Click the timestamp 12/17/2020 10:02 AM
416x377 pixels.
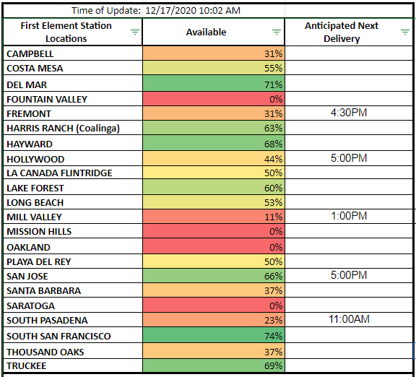point(193,11)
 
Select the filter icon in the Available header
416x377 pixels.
point(277,32)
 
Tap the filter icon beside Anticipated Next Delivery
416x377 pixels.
point(405,32)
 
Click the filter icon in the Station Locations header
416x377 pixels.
point(135,32)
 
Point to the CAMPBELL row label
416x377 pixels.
point(30,54)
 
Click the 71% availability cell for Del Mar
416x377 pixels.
point(214,83)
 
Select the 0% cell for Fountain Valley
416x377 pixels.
point(214,99)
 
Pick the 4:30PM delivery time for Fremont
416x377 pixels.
point(349,113)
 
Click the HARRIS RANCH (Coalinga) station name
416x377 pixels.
point(63,129)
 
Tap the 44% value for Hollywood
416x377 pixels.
point(273,159)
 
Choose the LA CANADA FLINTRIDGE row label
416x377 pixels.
point(59,173)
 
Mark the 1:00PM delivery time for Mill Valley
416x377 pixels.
point(349,216)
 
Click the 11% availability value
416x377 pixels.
point(274,217)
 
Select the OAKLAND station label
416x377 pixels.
point(28,247)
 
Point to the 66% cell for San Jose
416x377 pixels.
point(214,275)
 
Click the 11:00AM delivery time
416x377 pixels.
point(349,319)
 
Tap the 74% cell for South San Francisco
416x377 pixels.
point(214,335)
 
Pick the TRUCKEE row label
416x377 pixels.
point(27,366)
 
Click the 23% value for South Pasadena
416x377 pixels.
point(273,320)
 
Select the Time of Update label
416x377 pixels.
point(106,11)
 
